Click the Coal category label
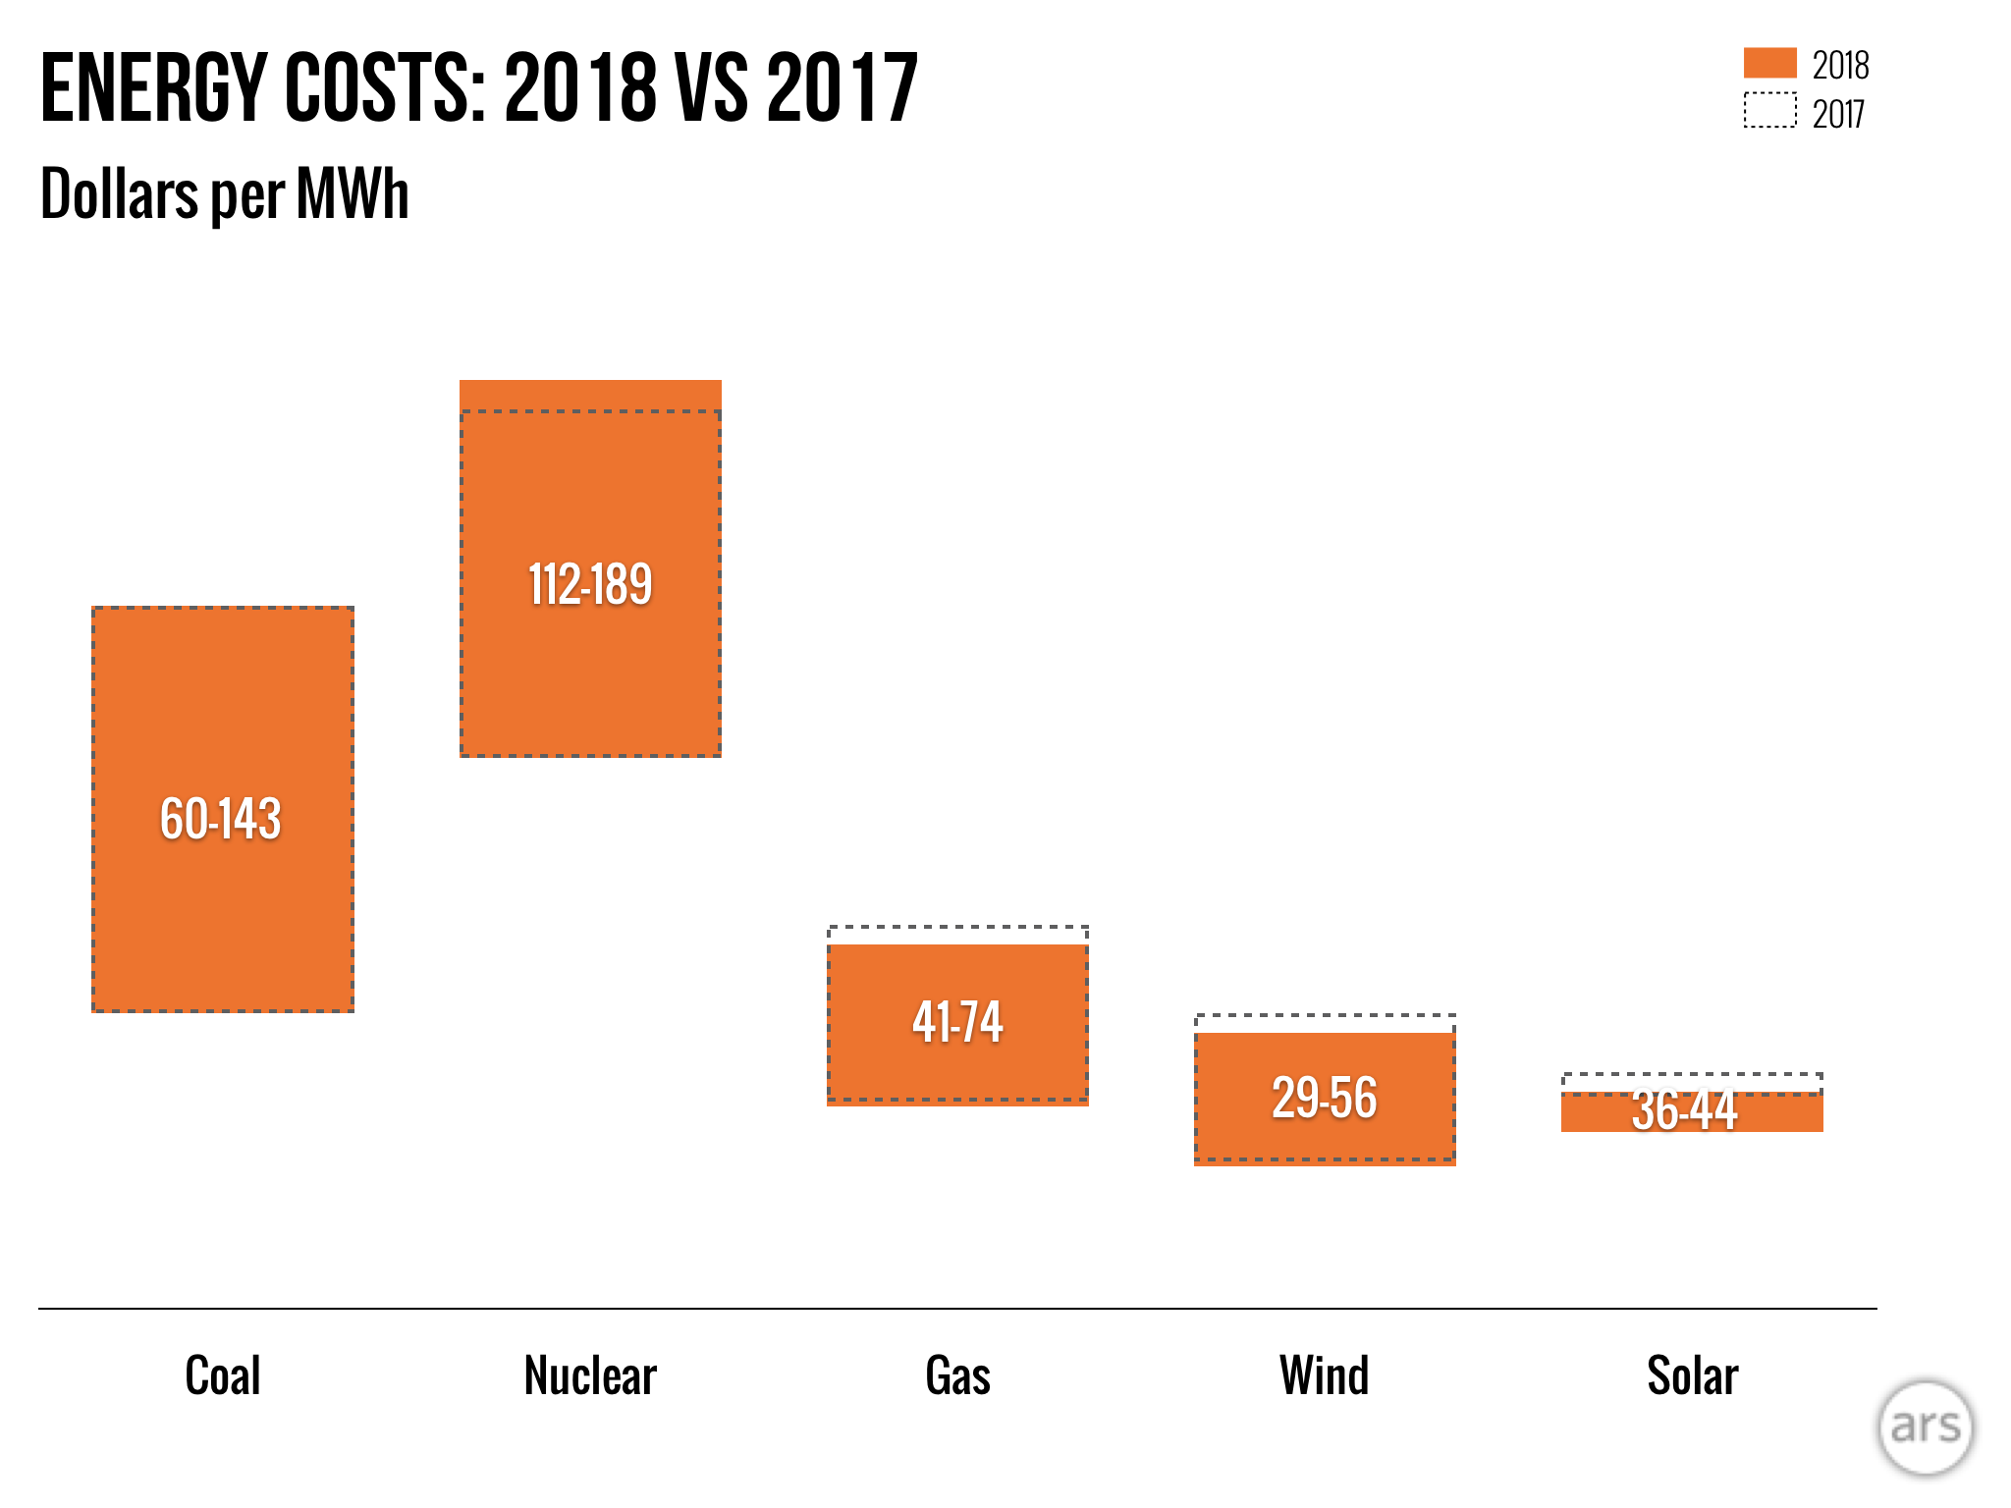[x=223, y=1375]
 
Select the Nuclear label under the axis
[x=590, y=1375]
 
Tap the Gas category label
[x=957, y=1375]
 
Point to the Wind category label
[x=1324, y=1375]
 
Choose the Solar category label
[x=1692, y=1375]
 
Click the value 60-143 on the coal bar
[x=221, y=819]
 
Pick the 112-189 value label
[x=590, y=585]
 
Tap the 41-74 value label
[x=957, y=1022]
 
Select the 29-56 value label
[x=1325, y=1098]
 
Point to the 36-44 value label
[x=1685, y=1111]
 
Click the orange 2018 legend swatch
[x=1769, y=63]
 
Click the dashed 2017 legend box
[x=1769, y=110]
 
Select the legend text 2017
[x=1838, y=115]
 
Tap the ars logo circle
[x=1925, y=1427]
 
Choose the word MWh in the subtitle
[x=353, y=193]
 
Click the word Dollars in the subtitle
[x=120, y=193]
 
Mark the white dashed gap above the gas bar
[x=957, y=936]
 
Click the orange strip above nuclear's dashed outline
[x=590, y=395]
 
